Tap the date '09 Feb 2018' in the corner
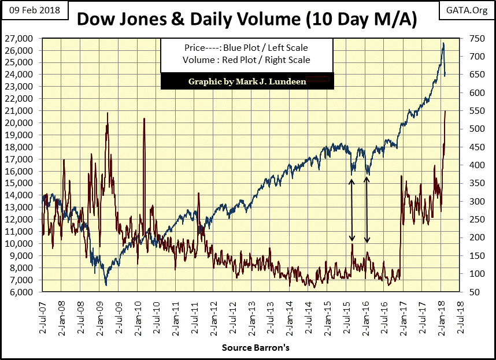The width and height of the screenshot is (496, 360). point(32,9)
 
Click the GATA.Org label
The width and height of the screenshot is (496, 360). point(468,9)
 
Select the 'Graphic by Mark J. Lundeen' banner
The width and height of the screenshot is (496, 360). point(245,81)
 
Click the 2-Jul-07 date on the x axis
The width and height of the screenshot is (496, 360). point(43,318)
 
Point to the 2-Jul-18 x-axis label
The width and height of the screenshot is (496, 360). point(460,318)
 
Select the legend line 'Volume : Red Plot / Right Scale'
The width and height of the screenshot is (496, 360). point(245,60)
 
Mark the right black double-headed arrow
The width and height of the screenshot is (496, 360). point(367,210)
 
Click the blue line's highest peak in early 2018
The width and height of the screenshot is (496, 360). point(443,43)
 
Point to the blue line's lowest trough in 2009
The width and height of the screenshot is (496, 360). point(106,284)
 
